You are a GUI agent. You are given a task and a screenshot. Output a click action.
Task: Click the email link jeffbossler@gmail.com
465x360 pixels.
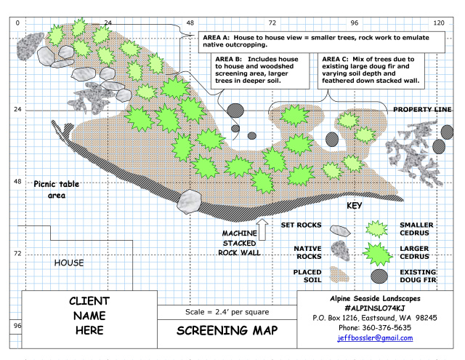[x=375, y=338]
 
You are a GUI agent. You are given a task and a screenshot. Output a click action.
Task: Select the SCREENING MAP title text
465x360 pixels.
[x=227, y=331]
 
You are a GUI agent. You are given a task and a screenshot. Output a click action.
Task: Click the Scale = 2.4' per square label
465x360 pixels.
[x=227, y=312]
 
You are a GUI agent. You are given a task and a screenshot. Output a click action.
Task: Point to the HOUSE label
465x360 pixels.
[x=69, y=263]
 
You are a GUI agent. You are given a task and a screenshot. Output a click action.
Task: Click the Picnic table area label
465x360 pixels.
[x=57, y=189]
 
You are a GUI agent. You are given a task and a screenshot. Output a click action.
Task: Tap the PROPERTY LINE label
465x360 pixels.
[x=422, y=110]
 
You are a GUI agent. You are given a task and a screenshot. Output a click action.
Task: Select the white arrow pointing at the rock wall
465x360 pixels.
[x=262, y=229]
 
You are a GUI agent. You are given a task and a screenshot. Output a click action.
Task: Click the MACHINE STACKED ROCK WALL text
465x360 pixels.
[x=239, y=243]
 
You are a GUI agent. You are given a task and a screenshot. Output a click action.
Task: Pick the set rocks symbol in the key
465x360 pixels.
[x=340, y=231]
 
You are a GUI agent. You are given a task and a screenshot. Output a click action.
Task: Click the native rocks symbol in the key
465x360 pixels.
[x=340, y=251]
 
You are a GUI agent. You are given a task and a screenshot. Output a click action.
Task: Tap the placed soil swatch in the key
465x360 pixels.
[x=339, y=274]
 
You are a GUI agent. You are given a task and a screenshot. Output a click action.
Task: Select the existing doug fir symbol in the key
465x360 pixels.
[x=379, y=276]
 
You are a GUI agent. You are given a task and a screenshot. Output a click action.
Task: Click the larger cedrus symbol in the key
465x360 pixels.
[x=378, y=254]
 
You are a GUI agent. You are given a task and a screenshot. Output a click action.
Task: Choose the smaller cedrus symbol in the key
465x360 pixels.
[x=376, y=229]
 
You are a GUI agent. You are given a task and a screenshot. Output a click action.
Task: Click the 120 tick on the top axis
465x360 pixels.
[x=439, y=23]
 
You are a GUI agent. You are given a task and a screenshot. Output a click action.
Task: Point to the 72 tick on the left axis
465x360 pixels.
[x=17, y=253]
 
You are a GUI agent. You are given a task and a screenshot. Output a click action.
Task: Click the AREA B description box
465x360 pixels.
[x=260, y=71]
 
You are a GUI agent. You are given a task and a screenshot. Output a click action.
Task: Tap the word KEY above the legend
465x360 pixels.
[x=354, y=206]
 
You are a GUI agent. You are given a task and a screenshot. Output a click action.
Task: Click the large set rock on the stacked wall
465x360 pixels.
[x=189, y=201]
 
